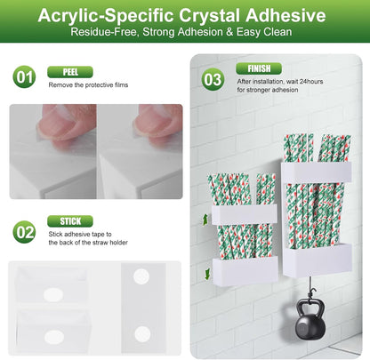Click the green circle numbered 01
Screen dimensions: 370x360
24,77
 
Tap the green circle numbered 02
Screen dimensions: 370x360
24,232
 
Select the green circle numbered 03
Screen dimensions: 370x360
213,80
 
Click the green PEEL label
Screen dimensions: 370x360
70,72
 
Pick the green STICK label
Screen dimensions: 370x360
70,221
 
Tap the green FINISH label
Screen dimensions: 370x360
259,68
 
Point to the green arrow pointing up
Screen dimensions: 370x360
205,220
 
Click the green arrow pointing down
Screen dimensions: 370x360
207,274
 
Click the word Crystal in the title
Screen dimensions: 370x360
209,15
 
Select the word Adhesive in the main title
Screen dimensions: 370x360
286,15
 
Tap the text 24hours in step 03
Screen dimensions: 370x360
311,82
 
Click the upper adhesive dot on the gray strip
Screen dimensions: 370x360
141,276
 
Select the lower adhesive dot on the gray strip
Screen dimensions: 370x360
142,334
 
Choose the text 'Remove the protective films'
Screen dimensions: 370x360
88,85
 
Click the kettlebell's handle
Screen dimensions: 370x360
309,304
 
